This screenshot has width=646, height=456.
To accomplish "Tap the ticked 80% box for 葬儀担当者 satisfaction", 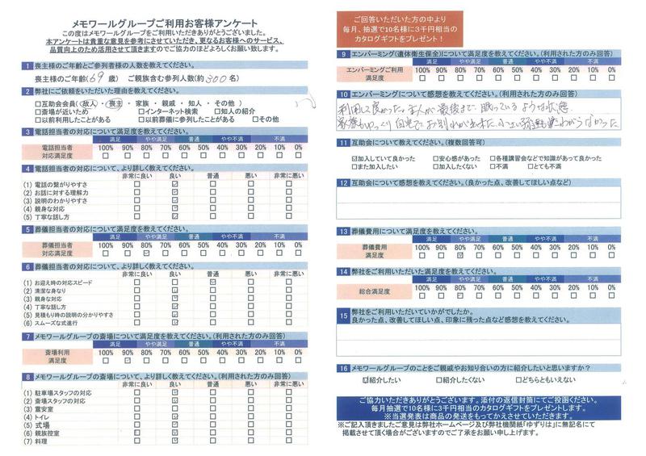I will [146, 253].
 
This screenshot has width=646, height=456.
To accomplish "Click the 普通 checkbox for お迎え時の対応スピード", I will [212, 283].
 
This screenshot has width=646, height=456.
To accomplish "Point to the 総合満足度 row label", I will [372, 290].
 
